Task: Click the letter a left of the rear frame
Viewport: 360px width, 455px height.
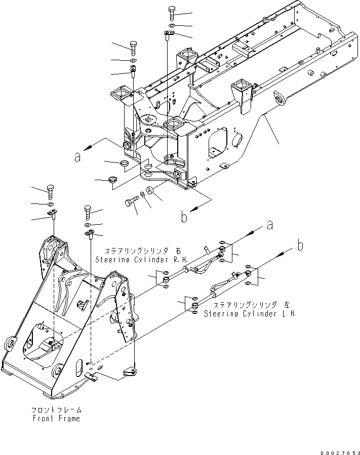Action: (x=77, y=157)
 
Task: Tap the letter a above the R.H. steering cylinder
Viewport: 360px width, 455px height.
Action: (x=270, y=224)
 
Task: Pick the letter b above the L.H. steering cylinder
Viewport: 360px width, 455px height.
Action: (x=300, y=246)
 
